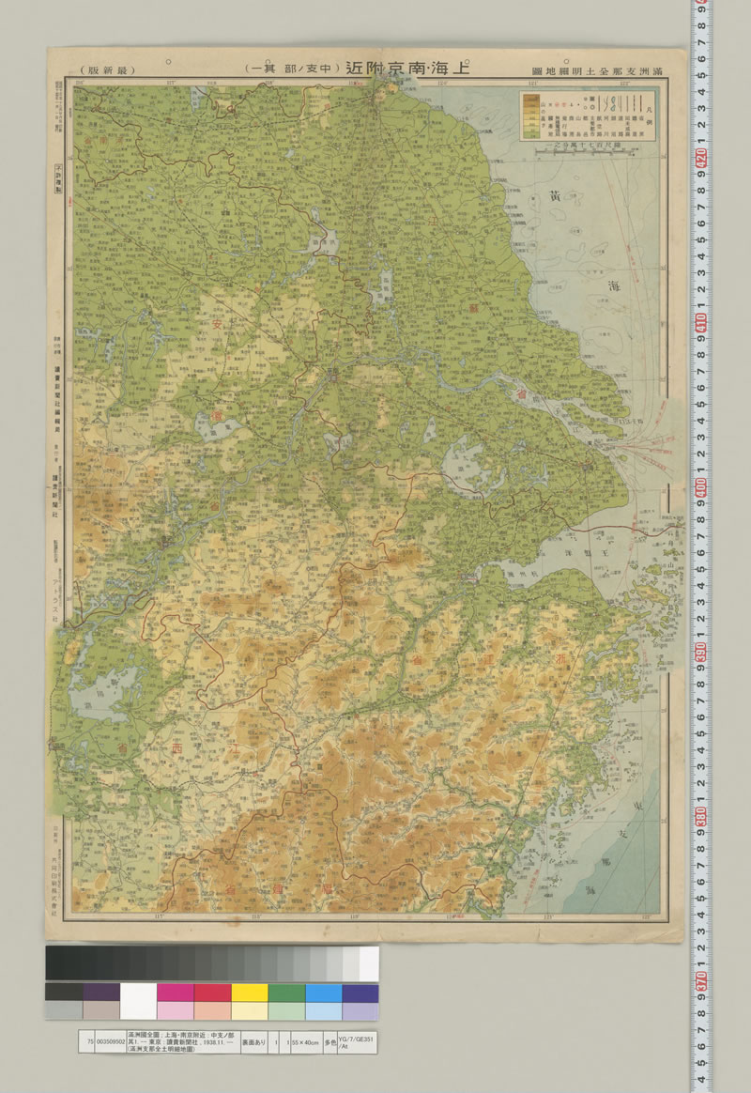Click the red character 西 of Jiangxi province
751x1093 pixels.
click(176, 747)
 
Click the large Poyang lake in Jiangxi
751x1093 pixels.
click(99, 690)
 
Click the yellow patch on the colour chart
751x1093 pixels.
click(249, 993)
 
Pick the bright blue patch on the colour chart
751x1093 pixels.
click(323, 993)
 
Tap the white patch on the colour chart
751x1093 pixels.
click(138, 993)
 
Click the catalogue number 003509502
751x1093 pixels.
click(106, 1041)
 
